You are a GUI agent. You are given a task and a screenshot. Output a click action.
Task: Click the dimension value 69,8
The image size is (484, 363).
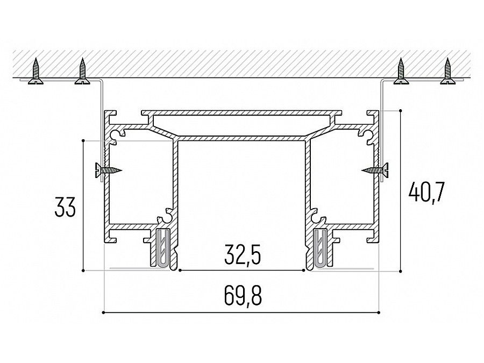(x=243, y=296)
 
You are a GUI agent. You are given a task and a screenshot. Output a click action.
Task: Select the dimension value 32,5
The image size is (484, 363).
(x=243, y=255)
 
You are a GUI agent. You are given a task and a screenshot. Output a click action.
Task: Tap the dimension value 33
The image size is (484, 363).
(x=65, y=207)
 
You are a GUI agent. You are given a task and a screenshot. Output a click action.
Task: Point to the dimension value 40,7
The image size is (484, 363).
(x=426, y=193)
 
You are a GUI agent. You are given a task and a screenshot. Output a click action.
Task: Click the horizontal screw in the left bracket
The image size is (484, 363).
(x=109, y=170)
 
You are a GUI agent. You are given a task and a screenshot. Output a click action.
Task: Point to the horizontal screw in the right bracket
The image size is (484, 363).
(x=375, y=170)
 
